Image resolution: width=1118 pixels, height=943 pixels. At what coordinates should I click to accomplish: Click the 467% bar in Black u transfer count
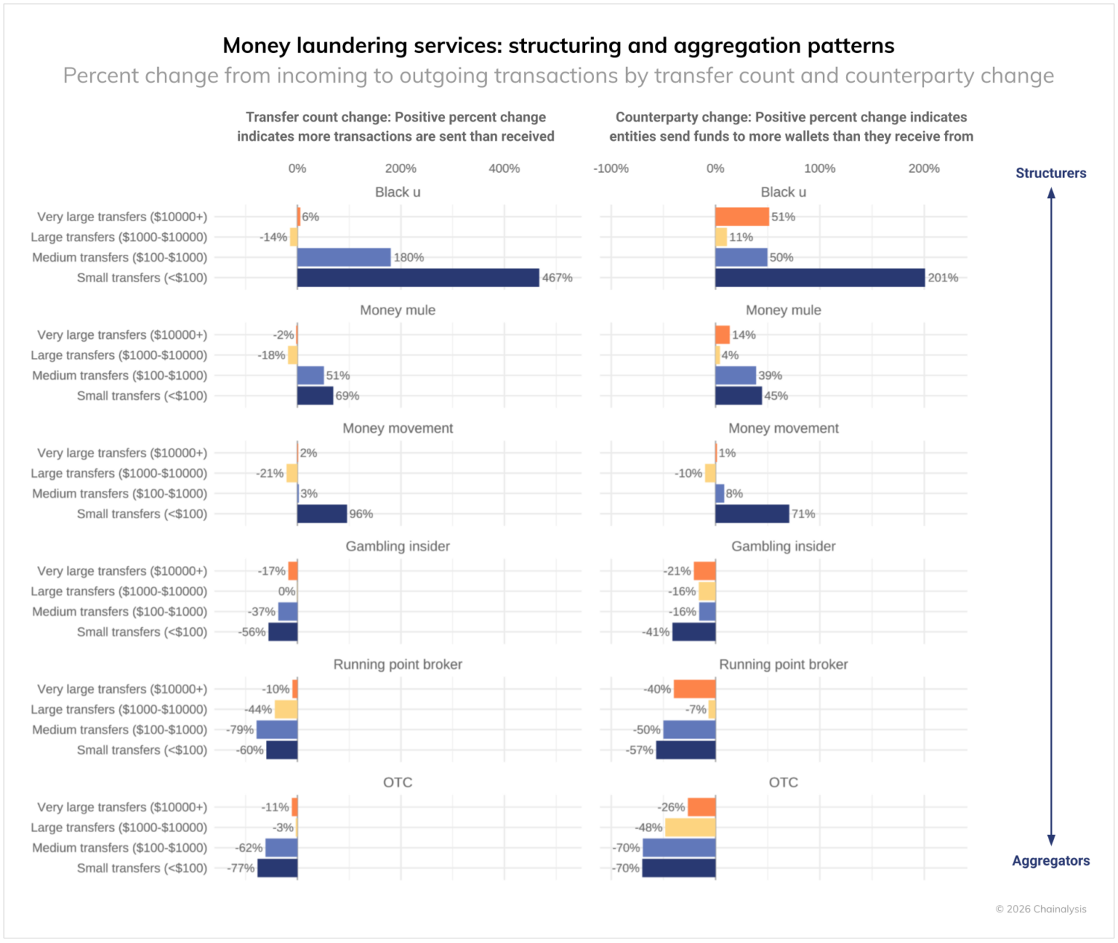(417, 278)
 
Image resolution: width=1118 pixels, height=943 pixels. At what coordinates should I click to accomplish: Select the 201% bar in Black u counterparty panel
(820, 278)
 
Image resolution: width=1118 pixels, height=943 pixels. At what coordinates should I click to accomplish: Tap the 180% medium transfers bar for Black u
(344, 258)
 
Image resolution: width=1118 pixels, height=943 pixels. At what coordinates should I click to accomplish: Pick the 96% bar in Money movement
(322, 514)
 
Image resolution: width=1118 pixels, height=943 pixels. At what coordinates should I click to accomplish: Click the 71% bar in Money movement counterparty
(752, 514)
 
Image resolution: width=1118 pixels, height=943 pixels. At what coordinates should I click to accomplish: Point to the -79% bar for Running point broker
(277, 730)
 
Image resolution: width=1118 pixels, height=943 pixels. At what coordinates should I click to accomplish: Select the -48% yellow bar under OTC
(690, 828)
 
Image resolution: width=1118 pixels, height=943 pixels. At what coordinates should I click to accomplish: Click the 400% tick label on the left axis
(504, 168)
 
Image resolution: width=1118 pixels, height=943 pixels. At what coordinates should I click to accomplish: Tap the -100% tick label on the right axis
(611, 168)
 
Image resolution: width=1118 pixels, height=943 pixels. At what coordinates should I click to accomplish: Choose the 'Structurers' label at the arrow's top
(1051, 174)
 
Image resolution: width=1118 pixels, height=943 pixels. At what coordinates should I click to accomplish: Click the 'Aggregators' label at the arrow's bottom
(1051, 861)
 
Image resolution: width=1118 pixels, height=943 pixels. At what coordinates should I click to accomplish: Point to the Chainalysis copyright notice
(1040, 909)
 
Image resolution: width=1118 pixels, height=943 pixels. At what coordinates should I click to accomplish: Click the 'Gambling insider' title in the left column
(397, 547)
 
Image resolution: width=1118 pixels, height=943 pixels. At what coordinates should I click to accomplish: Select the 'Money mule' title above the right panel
(783, 311)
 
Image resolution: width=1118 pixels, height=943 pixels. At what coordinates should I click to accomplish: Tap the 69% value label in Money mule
(347, 396)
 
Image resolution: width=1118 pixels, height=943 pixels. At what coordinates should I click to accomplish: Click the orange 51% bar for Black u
(742, 217)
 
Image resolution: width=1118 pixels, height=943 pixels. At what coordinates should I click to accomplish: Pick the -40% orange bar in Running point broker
(695, 689)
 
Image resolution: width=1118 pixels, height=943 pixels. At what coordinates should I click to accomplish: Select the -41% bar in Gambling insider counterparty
(694, 632)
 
